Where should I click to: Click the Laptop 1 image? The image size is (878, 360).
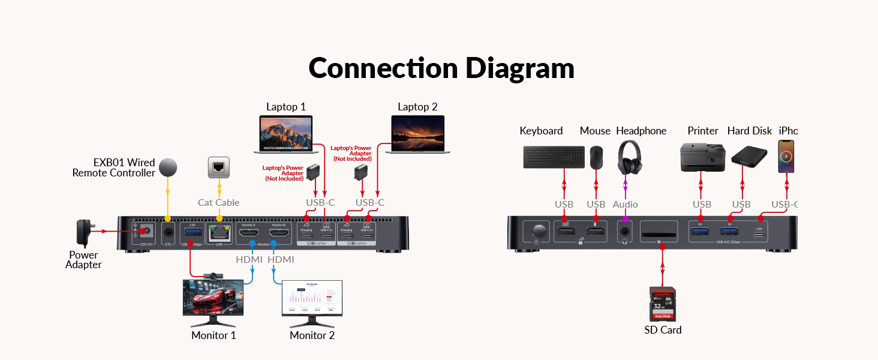coord(286,133)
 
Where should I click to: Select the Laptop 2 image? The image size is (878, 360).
coord(417,134)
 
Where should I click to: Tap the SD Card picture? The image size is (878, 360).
coord(663,304)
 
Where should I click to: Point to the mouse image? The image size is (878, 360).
coord(596,158)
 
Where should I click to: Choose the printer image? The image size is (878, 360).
coord(702,157)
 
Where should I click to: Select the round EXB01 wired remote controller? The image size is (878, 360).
coord(168,167)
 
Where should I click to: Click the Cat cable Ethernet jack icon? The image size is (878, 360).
coord(219,167)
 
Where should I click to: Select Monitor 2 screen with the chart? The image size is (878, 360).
coord(312,298)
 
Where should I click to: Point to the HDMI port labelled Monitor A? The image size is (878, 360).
coord(249,233)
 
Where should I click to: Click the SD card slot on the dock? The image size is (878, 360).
coord(659,230)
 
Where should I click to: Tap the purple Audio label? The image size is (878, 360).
coord(625,205)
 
